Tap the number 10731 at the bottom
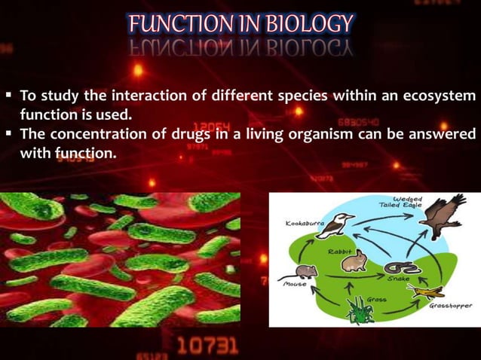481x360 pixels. coord(207,346)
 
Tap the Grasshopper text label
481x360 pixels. coord(450,307)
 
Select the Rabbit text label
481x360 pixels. coord(339,249)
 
